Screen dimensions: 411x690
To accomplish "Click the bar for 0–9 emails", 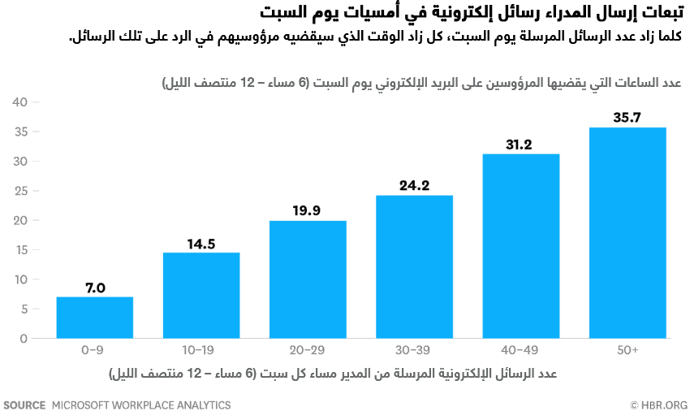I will point(94,318).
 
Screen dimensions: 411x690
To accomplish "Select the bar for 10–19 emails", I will point(201,296).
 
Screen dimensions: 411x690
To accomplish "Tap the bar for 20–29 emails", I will point(308,279).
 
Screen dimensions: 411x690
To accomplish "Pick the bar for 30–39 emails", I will point(414,266).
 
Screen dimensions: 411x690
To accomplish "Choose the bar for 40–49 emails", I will point(521,246).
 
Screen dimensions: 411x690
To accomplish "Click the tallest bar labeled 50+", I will point(627,233).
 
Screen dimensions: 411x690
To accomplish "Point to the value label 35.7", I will point(627,118).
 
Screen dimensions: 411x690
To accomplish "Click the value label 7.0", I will point(94,288).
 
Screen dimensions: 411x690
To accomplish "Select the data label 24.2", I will point(414,185).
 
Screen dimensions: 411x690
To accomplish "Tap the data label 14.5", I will point(201,243).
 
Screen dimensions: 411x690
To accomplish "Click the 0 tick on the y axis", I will point(24,339).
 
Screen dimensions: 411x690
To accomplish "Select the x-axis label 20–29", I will point(308,350).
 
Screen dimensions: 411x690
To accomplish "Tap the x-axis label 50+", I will point(627,350).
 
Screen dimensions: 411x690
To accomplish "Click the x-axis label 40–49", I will point(521,350).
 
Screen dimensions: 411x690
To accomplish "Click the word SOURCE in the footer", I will point(24,405).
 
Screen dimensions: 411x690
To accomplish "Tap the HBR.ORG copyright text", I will point(658,405).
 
